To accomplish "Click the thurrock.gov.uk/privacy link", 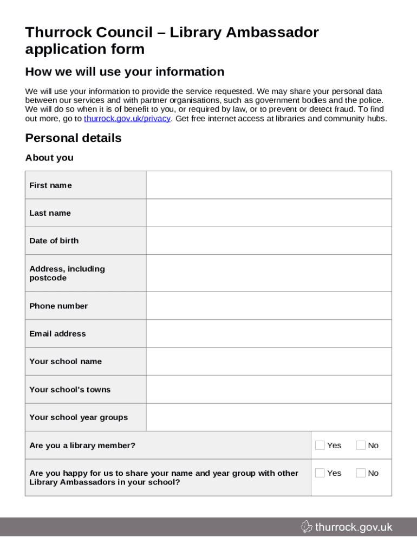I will point(127,119).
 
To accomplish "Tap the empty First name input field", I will point(269,185).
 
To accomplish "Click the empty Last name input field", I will point(269,213).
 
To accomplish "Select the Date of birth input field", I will point(269,241).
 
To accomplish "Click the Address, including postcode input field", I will point(269,273).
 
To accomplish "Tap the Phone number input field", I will point(269,306).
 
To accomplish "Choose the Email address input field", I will point(269,334).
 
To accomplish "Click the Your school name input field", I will point(269,362).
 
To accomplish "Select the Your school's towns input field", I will point(269,390).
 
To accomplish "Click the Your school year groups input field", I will point(269,417).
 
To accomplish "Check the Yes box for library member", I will point(320,446).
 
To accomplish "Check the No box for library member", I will point(361,446).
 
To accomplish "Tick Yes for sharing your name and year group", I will point(320,473).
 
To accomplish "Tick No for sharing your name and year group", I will point(361,473).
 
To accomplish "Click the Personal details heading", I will point(73,138).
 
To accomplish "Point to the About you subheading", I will point(49,158).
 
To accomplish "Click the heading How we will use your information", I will point(125,72).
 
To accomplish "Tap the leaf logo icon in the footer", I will point(307,527).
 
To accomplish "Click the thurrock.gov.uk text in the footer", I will point(353,527).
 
